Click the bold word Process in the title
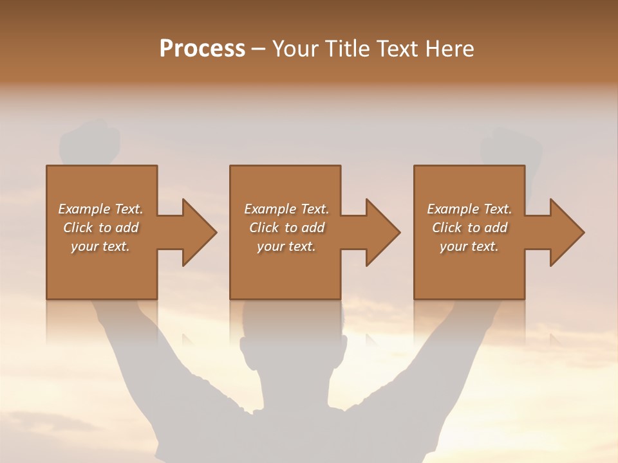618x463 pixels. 202,49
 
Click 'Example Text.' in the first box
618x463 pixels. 100,209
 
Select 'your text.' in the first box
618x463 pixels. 100,246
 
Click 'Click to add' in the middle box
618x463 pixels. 286,228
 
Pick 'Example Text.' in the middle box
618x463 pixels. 286,209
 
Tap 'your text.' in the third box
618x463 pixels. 469,246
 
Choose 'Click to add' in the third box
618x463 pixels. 469,228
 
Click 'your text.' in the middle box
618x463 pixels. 286,246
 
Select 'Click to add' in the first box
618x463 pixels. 100,228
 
